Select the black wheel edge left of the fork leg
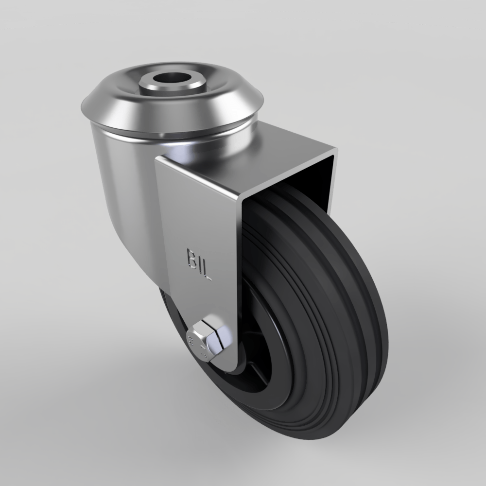coord(168,311)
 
